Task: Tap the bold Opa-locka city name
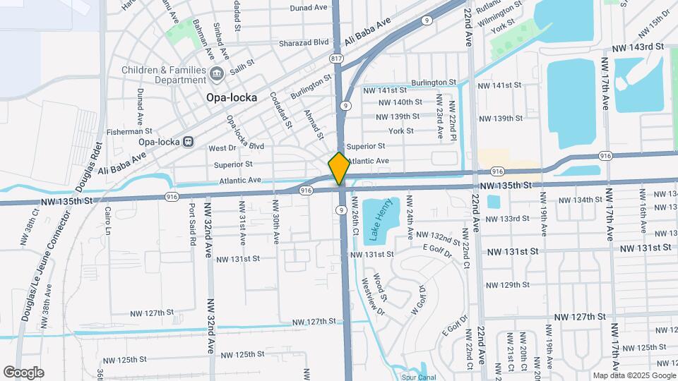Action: tap(231, 97)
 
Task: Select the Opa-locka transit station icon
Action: tap(188, 140)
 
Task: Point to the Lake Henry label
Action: tap(375, 220)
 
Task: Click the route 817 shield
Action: tap(336, 58)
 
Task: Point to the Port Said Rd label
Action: tap(192, 224)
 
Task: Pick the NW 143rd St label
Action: tap(638, 47)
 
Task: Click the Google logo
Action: tap(23, 373)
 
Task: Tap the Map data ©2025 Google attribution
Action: tap(634, 375)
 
